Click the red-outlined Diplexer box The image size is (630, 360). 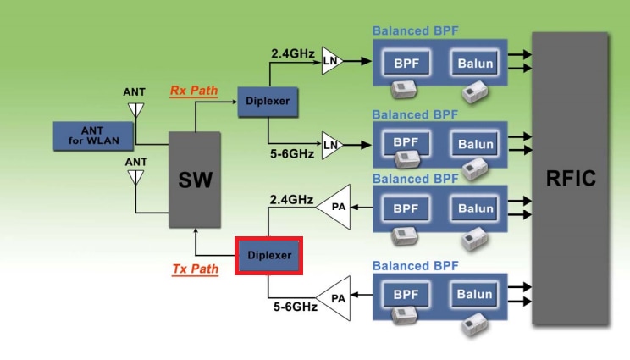269,255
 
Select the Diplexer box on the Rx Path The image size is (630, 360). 268,101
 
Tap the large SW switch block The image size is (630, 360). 195,179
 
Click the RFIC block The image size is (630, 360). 571,179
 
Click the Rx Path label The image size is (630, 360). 194,91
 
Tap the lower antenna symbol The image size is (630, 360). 135,178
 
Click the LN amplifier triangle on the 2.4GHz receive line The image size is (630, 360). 331,61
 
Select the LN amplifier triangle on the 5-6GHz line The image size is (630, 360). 331,145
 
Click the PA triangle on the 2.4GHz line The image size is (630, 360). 335,207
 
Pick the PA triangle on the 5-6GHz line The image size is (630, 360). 336,298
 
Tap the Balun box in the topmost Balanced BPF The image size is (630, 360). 475,62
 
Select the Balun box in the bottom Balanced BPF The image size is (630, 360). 475,296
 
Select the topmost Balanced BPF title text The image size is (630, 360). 416,31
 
